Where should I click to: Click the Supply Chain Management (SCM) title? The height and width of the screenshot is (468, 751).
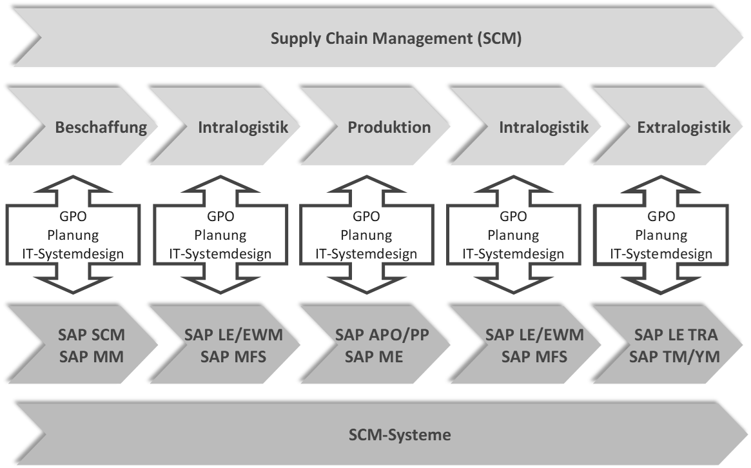pyautogui.click(x=396, y=39)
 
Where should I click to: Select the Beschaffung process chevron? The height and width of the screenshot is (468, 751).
pyautogui.click(x=101, y=127)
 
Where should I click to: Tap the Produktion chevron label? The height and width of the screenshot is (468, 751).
pyautogui.click(x=389, y=127)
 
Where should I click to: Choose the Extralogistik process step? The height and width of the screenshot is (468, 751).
pyautogui.click(x=683, y=127)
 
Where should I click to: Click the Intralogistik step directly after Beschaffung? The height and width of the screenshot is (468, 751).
pyautogui.click(x=242, y=127)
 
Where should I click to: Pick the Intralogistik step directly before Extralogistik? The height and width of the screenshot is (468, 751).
pyautogui.click(x=543, y=127)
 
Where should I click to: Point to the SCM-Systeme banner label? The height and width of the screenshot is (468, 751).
pyautogui.click(x=396, y=434)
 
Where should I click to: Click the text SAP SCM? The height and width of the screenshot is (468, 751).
pyautogui.click(x=91, y=335)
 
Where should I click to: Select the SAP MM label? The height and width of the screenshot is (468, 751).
pyautogui.click(x=91, y=356)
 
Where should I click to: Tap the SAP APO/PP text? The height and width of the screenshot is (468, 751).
pyautogui.click(x=382, y=335)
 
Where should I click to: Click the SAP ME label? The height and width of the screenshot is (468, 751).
pyautogui.click(x=373, y=356)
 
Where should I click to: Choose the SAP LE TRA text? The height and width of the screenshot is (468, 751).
pyautogui.click(x=676, y=335)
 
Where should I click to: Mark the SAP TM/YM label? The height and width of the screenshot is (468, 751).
pyautogui.click(x=676, y=356)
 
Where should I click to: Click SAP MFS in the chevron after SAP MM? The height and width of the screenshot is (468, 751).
pyautogui.click(x=233, y=356)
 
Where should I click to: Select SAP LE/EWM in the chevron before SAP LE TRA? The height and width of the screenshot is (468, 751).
pyautogui.click(x=534, y=335)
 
